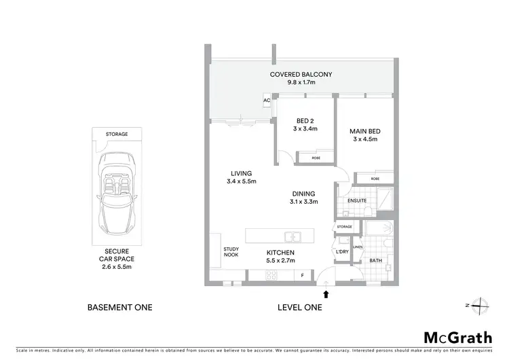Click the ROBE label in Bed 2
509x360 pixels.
coord(316,158)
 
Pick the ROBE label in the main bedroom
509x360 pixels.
coord(375,179)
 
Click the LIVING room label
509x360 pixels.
coord(241,173)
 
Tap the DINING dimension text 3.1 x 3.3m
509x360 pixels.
coord(304,201)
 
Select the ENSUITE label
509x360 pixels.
coord(357,201)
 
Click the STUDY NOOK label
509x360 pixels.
coord(231,252)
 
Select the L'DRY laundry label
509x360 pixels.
coord(343,252)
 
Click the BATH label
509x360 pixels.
coord(375,260)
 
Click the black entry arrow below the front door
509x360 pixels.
coord(328,294)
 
